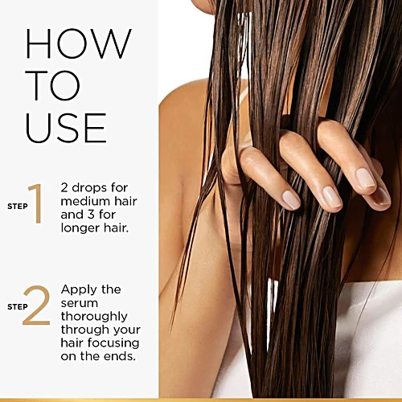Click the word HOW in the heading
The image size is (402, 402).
pyautogui.click(x=78, y=43)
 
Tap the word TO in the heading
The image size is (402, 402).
pyautogui.click(x=53, y=86)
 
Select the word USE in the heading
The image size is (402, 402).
pyautogui.click(x=66, y=128)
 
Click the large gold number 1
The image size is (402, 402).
pyautogui.click(x=36, y=203)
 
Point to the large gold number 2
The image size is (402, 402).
pyautogui.click(x=37, y=306)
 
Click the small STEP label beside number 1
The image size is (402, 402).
pyautogui.click(x=18, y=207)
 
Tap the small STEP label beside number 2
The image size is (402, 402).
pyautogui.click(x=18, y=307)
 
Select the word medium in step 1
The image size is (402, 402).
pyautogui.click(x=80, y=201)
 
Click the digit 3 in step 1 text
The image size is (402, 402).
pyautogui.click(x=91, y=215)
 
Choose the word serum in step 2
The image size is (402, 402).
pyautogui.click(x=80, y=304)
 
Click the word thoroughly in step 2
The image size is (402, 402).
pyautogui.click(x=94, y=317)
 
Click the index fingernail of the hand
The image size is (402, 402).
pyautogui.click(x=291, y=200)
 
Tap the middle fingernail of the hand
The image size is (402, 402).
pyautogui.click(x=332, y=197)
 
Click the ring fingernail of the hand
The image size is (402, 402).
pyautogui.click(x=366, y=178)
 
